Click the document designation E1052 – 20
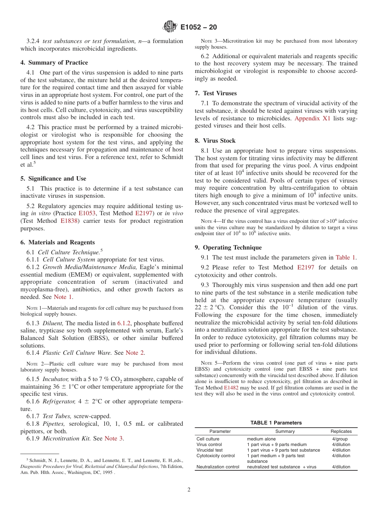click(x=199, y=28)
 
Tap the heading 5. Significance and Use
click(x=53, y=179)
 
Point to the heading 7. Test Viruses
click(x=215, y=93)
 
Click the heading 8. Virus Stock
click(x=215, y=141)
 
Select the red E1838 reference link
click(x=69, y=221)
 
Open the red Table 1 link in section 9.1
click(x=346, y=257)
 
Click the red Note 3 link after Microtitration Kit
click(x=113, y=438)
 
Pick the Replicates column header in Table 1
click(x=341, y=431)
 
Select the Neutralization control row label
click(x=218, y=467)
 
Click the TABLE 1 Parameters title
click(x=276, y=423)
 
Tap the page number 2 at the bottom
click(x=189, y=490)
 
